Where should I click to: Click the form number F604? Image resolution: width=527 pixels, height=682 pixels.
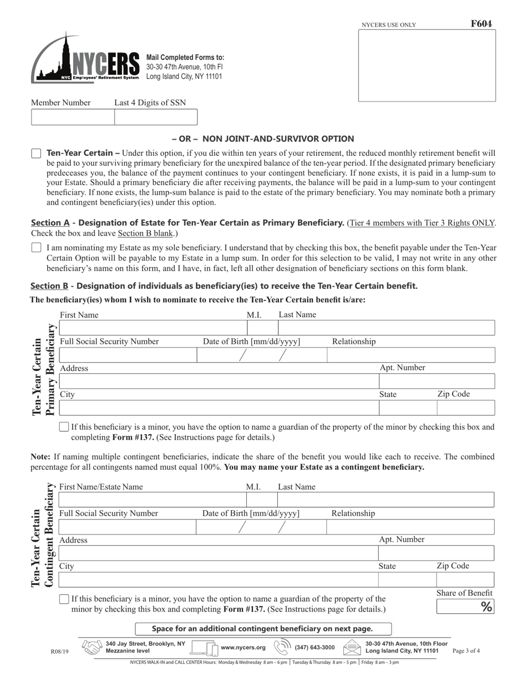481,24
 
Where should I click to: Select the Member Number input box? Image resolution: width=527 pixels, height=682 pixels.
73,118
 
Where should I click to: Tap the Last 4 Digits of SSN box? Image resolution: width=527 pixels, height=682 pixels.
155,118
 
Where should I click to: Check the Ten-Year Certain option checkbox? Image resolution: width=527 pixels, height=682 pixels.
36,154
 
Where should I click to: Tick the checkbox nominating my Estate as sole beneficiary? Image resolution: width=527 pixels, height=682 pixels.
36,248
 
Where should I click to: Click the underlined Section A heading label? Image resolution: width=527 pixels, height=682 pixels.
50,223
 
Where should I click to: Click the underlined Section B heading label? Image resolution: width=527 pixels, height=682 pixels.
49,286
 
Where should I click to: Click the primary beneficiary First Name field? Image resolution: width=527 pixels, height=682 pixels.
153,328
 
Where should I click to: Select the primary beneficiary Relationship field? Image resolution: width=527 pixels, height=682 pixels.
411,355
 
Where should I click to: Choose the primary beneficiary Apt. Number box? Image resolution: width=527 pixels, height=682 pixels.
437,381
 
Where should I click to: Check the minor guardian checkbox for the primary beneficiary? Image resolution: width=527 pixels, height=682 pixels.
64,427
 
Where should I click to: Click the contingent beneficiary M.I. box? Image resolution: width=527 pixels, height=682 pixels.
262,500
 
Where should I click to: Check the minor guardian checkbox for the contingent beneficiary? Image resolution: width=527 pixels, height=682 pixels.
64,599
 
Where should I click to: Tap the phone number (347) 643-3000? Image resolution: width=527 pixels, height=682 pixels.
314,647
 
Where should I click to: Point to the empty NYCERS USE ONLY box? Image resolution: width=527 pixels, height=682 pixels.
427,65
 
